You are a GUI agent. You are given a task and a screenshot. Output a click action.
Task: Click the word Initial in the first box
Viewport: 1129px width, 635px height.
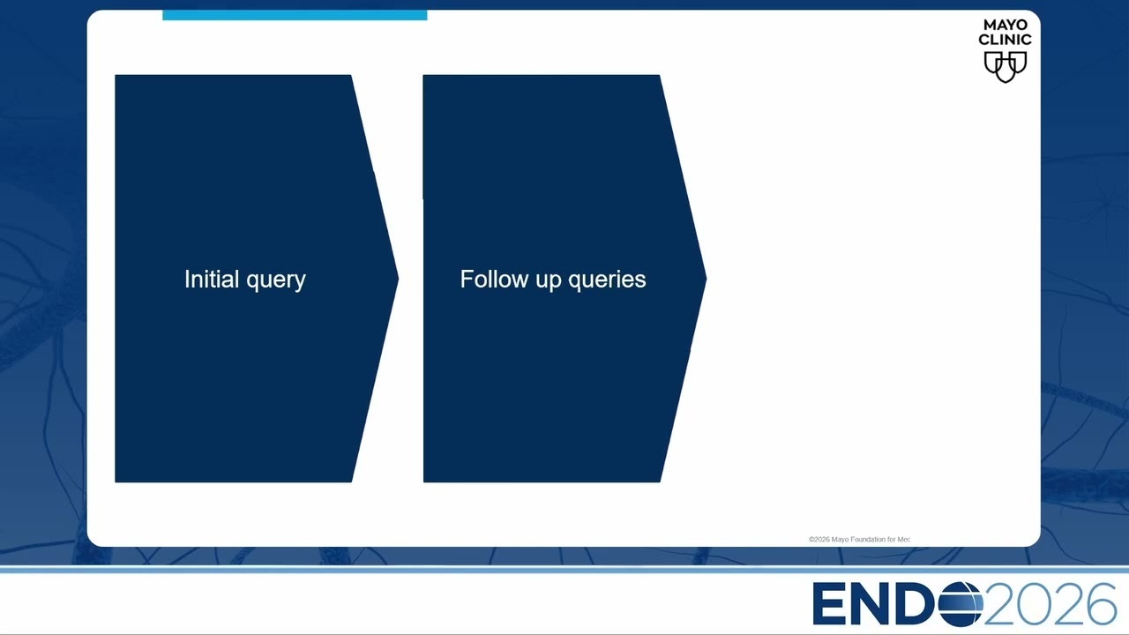tap(212, 279)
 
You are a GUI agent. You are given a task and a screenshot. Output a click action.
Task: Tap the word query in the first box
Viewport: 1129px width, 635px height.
tap(276, 281)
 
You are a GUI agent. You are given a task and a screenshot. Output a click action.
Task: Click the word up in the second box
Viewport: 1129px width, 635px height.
tap(549, 281)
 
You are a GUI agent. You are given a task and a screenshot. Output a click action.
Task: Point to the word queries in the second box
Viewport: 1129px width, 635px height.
tap(608, 280)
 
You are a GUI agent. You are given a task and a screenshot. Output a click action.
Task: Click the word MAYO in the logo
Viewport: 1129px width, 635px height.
tap(1005, 25)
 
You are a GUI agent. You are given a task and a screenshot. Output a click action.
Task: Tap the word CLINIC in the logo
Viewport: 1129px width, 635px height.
tap(1005, 40)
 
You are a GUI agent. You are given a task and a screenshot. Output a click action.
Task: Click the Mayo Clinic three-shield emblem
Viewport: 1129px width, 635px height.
tap(1006, 67)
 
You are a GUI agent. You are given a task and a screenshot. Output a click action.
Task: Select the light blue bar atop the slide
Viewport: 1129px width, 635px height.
tap(295, 15)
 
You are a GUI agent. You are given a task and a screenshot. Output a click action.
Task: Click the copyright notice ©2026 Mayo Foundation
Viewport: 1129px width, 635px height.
tap(859, 539)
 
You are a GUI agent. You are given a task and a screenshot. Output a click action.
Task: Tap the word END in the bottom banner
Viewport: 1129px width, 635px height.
tap(874, 604)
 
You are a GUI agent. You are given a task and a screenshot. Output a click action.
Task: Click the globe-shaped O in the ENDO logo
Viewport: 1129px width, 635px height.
tap(961, 604)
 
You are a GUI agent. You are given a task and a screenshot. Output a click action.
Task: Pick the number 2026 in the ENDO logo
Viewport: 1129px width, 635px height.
tap(1050, 604)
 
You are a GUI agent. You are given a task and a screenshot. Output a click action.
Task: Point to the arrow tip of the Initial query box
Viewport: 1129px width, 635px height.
tap(399, 278)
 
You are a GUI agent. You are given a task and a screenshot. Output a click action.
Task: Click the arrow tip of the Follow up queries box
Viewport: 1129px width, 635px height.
tap(707, 278)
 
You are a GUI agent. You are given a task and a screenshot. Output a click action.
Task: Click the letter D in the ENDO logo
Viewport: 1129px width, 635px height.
tap(916, 604)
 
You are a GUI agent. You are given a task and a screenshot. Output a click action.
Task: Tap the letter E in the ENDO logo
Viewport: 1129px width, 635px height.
tap(828, 604)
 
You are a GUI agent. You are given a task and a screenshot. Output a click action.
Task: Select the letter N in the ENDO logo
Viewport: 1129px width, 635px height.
tap(871, 604)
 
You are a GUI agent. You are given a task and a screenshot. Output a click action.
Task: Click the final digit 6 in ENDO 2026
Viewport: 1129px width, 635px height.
tap(1101, 604)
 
